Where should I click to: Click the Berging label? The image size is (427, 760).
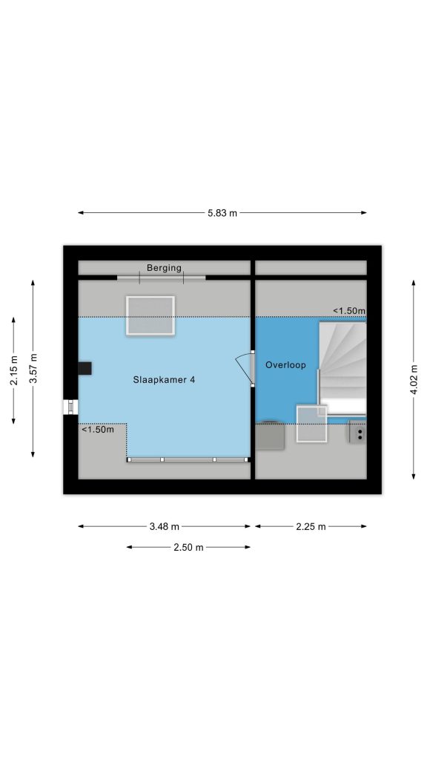(x=164, y=267)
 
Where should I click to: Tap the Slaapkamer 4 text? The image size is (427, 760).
(x=164, y=380)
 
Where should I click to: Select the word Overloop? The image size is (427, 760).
(x=285, y=365)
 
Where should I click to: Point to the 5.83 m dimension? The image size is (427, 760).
(x=222, y=213)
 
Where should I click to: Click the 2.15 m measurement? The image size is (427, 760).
(x=13, y=370)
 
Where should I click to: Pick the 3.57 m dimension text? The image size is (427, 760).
(x=33, y=368)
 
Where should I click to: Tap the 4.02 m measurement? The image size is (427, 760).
(x=414, y=379)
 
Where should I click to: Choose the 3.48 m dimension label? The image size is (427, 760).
(x=165, y=526)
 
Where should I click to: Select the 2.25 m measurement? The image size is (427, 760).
(x=311, y=526)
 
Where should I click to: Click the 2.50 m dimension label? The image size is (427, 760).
(x=189, y=547)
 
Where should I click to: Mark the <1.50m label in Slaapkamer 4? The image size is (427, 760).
(x=98, y=430)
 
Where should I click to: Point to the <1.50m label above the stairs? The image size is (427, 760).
(x=349, y=311)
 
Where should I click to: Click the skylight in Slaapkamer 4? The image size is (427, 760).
(x=150, y=315)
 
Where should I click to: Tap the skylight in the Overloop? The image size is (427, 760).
(x=312, y=424)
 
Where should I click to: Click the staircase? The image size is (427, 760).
(x=342, y=369)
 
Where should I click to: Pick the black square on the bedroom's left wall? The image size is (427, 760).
(x=85, y=368)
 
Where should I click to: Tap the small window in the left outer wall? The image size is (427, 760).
(x=71, y=407)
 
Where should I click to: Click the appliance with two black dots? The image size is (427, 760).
(x=358, y=433)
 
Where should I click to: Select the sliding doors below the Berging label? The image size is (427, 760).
(x=161, y=278)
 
